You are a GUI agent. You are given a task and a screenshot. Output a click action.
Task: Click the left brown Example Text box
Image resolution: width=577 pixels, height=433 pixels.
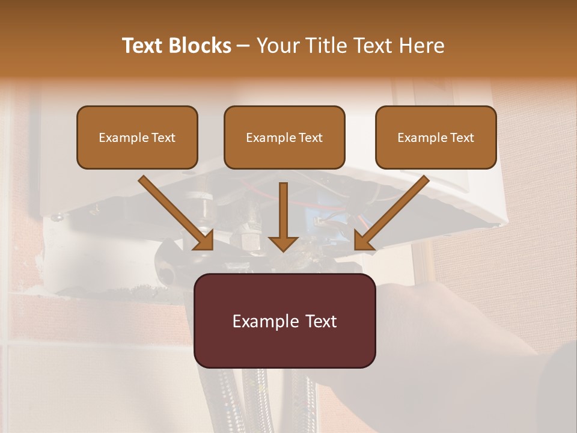pyautogui.click(x=137, y=138)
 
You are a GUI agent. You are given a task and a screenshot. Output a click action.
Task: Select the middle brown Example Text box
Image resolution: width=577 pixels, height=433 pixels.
pyautogui.click(x=284, y=138)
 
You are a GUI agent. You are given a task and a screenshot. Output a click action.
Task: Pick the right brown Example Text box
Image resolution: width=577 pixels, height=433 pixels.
pyautogui.click(x=436, y=138)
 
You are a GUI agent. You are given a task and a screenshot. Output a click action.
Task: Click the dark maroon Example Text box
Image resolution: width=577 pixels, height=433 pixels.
pyautogui.click(x=284, y=321)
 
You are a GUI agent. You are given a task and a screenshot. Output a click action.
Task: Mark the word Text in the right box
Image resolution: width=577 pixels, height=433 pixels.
pyautogui.click(x=462, y=138)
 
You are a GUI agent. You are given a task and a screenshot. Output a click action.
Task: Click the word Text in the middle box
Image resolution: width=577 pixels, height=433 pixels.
pyautogui.click(x=311, y=138)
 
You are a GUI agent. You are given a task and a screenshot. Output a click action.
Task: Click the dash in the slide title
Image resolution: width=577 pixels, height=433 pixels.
pyautogui.click(x=243, y=46)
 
